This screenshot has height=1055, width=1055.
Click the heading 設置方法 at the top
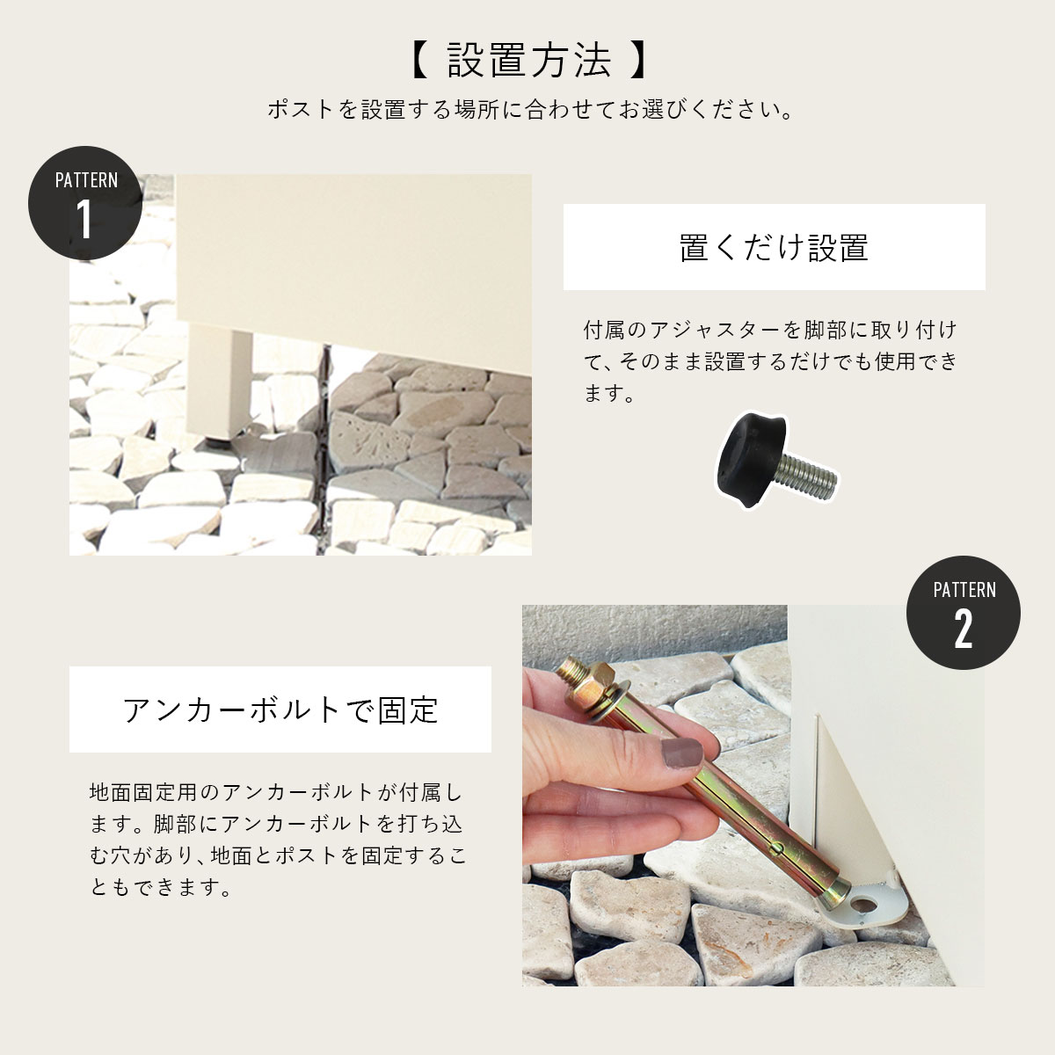coord(529,60)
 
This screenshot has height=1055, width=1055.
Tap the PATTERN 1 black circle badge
coord(85,202)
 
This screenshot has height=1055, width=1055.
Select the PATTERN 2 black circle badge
coord(964,612)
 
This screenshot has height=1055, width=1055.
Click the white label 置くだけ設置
coord(775,247)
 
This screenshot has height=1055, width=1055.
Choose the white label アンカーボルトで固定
coord(280,709)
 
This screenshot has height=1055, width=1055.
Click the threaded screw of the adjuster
coord(810,476)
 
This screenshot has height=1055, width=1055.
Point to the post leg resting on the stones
coord(219,382)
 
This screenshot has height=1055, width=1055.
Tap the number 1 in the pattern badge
coord(84,218)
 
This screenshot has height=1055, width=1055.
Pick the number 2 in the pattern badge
coord(964,629)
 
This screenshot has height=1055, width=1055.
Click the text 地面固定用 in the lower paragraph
coord(143,792)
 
